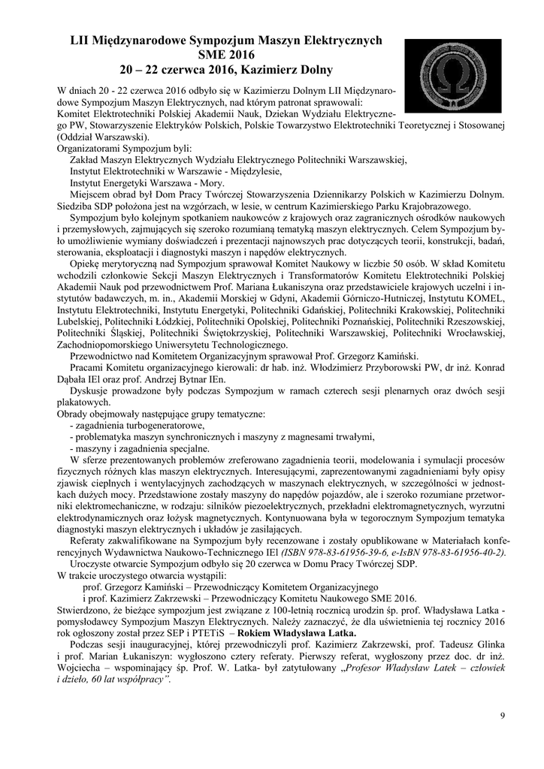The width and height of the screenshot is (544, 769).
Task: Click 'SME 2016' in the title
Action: click(x=227, y=56)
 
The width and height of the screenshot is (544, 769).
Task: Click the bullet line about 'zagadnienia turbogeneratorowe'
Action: click(x=128, y=426)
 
